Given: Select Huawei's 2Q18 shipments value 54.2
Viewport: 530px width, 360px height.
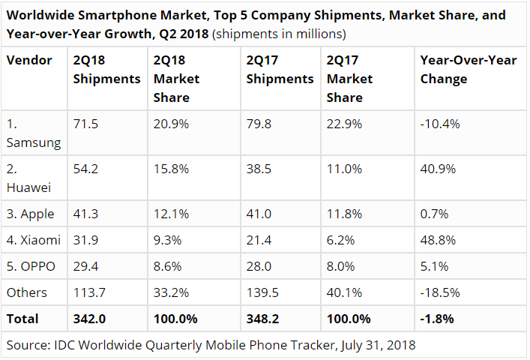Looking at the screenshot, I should [85, 169].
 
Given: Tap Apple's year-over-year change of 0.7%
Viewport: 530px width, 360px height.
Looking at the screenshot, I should [433, 214].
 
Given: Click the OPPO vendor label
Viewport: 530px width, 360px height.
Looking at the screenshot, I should [31, 266].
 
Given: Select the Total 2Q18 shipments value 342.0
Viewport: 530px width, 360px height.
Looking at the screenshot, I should [88, 319].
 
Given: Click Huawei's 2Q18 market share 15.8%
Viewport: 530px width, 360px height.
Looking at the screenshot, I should [169, 169].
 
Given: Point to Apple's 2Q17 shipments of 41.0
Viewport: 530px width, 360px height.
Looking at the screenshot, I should [259, 214].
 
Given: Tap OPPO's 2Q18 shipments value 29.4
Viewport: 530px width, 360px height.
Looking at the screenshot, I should [85, 266].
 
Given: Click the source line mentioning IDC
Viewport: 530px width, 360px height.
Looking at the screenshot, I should [211, 345].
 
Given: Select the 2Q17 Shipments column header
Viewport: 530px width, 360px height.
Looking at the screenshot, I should [280, 69].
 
